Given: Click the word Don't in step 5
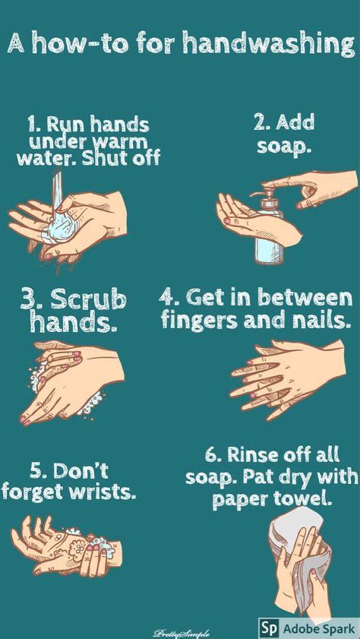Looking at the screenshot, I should pyautogui.click(x=80, y=470).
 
